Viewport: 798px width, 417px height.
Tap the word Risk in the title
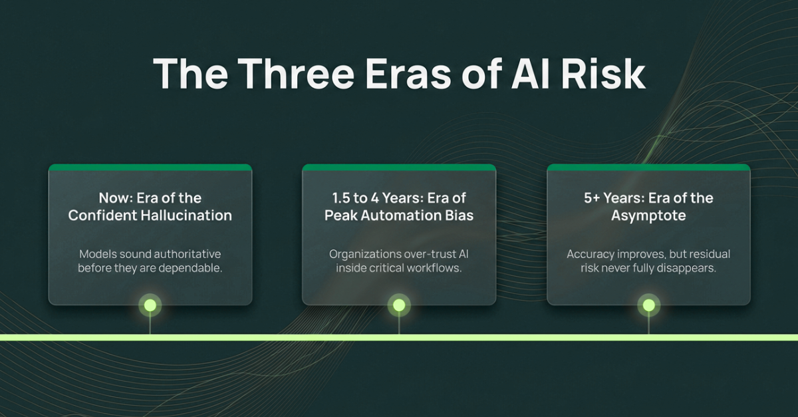coord(602,73)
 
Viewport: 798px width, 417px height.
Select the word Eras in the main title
coord(408,73)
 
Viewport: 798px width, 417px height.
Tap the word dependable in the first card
coord(190,268)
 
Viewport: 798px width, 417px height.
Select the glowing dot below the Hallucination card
coord(150,305)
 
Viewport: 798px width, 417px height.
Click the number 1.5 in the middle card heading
coord(340,198)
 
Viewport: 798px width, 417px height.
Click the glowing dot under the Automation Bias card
coord(399,305)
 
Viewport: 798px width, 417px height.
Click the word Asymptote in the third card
coord(648,215)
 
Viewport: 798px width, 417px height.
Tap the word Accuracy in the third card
coord(591,255)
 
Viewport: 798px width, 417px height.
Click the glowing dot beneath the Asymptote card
coord(649,305)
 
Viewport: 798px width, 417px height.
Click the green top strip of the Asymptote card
coord(649,167)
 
